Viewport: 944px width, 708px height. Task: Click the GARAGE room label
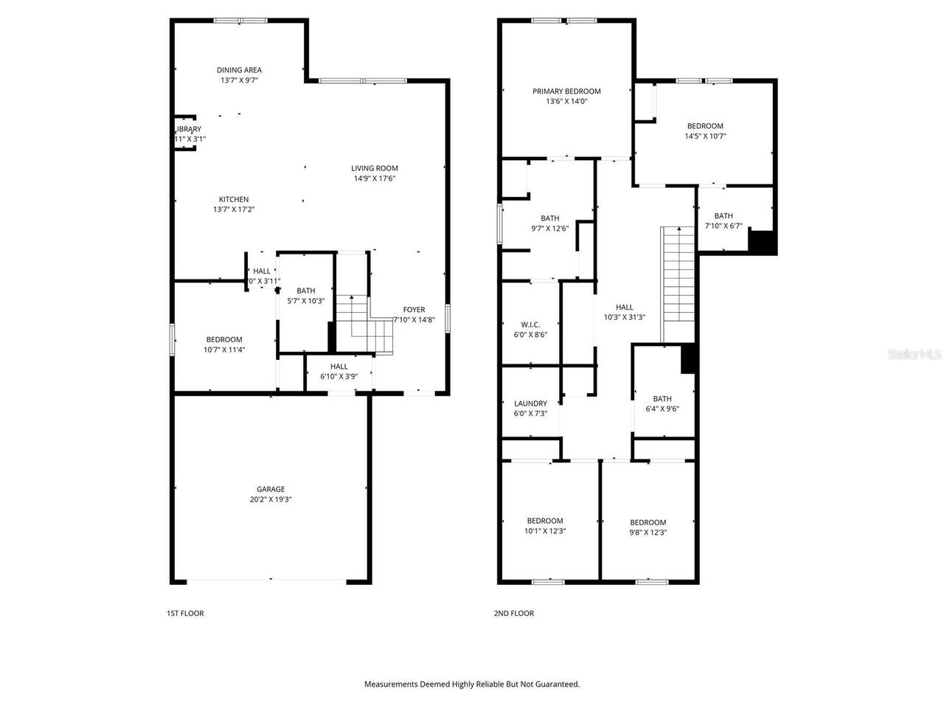270,489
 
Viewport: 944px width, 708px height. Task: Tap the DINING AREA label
239,70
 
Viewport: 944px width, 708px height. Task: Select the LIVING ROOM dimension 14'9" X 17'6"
374,178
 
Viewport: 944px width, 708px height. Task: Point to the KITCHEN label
233,199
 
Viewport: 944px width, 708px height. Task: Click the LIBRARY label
189,129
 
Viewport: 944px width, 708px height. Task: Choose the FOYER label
414,310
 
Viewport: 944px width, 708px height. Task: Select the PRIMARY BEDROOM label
566,91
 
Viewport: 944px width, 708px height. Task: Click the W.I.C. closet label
530,324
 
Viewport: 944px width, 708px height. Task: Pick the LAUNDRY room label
530,403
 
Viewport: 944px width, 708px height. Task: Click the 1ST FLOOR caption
185,613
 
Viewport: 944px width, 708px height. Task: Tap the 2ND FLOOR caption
513,613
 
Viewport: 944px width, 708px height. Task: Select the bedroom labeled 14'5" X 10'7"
705,136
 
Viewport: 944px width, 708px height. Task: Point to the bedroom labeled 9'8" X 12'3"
648,532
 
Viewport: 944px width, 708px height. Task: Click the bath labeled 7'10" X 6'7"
723,226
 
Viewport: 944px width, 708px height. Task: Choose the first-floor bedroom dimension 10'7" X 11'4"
224,350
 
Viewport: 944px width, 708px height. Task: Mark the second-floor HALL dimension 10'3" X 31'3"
624,318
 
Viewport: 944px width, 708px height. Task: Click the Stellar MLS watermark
914,355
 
